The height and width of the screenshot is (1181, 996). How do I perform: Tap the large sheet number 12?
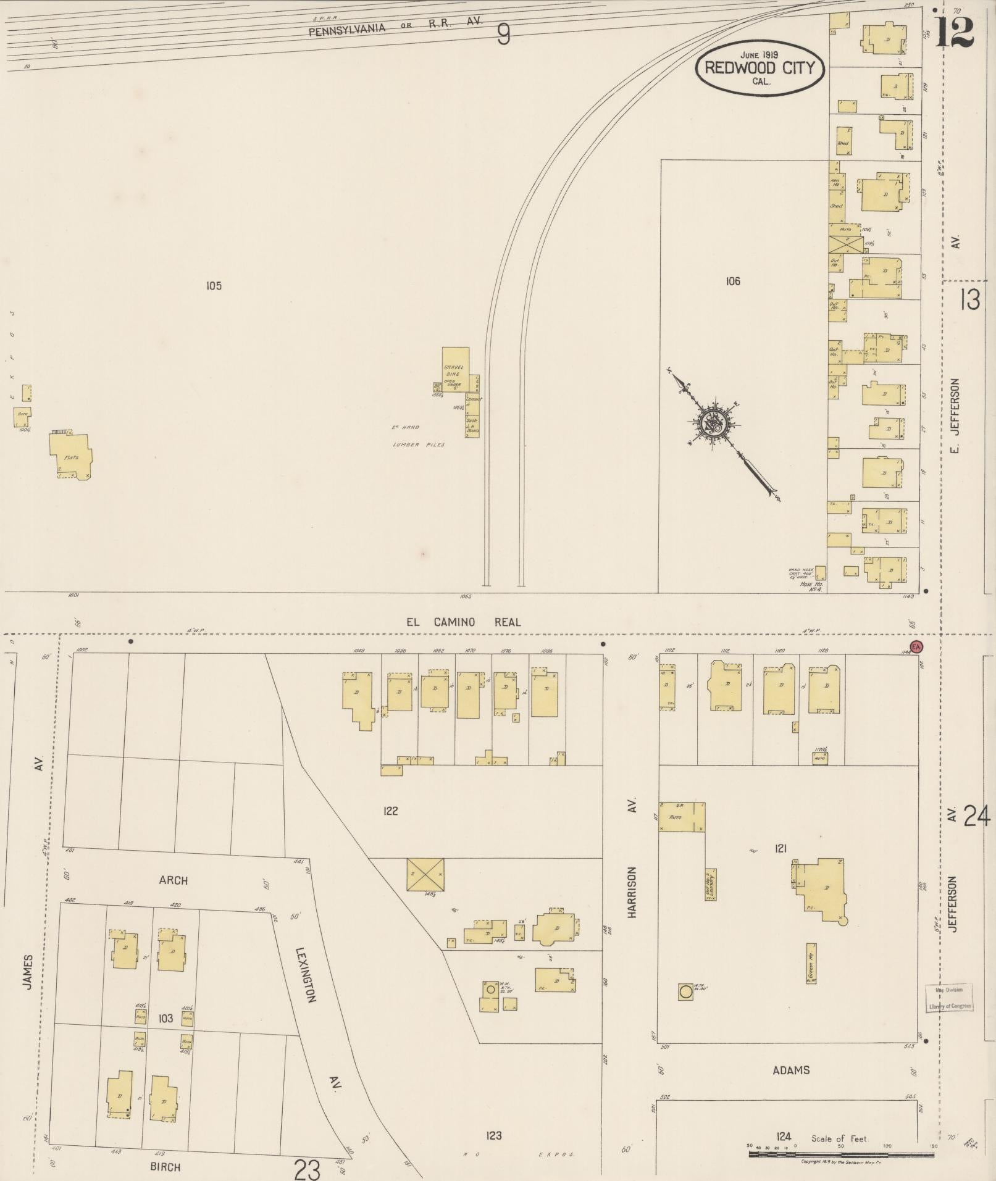point(954,32)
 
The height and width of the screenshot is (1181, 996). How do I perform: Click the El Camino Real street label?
point(463,622)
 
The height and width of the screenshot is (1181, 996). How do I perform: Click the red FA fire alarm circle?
point(917,647)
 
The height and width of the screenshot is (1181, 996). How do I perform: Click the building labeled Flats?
point(70,457)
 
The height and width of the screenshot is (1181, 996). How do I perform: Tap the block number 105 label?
point(214,286)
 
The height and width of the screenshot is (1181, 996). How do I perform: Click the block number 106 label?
point(732,282)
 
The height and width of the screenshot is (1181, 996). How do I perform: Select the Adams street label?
point(790,1070)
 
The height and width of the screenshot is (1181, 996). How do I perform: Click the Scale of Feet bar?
point(842,1153)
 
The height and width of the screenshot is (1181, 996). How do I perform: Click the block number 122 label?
point(390,811)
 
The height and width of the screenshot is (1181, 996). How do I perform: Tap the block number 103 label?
point(165,1018)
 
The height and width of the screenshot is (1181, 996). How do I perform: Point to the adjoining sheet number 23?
point(308,1168)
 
